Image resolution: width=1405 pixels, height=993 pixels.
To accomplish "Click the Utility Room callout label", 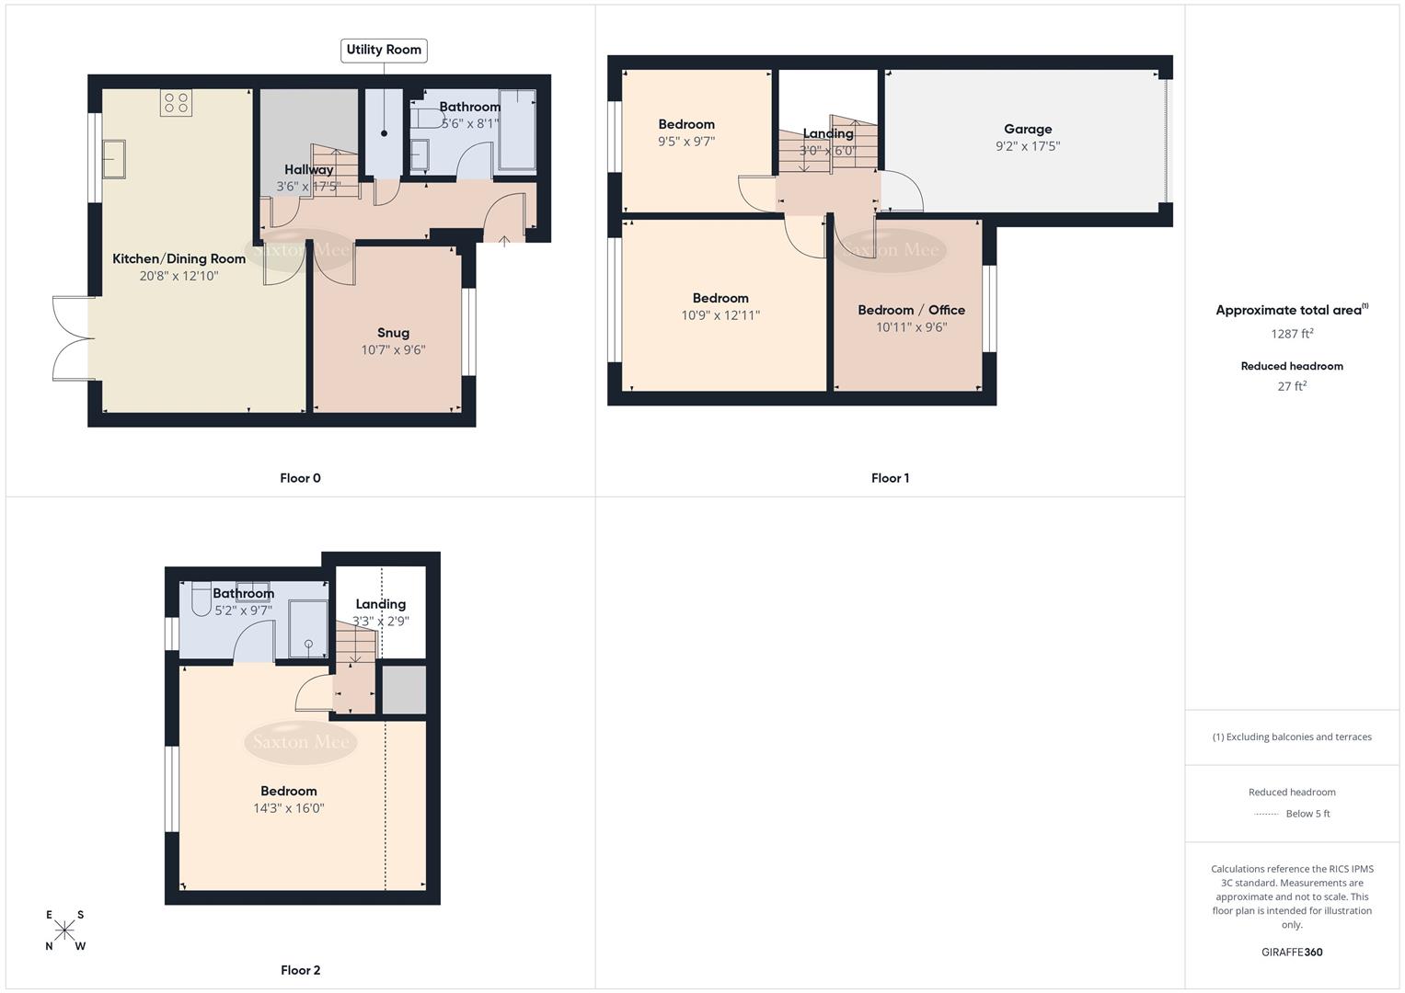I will pos(384,50).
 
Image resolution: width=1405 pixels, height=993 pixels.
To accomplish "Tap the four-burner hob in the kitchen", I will pos(176,102).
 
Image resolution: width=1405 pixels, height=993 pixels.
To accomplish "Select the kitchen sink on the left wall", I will pos(114,158).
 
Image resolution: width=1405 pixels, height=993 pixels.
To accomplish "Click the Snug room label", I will pos(393,333).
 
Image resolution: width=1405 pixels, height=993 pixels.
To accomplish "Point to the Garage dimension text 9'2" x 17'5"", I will pos(1028,146).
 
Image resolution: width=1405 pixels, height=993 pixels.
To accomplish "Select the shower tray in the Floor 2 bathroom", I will pos(307,629).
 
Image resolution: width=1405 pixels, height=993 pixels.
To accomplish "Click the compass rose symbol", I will pos(64,930).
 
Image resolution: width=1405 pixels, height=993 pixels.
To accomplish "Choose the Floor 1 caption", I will pos(890,478).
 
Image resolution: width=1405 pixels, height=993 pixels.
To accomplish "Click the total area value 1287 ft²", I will pos(1292,334).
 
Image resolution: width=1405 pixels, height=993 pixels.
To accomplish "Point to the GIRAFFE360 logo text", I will pos(1292,952).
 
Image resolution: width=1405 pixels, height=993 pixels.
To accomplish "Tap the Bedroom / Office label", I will pos(911,310).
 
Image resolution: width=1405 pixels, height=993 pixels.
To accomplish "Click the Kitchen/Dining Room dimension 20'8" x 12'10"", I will pos(179,276).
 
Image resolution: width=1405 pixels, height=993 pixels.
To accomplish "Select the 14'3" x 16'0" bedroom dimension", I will pos(289,808).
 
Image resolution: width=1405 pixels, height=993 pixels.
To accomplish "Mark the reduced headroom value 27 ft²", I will pos(1292,386).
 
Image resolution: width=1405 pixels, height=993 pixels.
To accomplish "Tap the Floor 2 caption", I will pos(300,970).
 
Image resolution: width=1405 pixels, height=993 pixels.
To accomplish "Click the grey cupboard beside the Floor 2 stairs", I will pos(404,690).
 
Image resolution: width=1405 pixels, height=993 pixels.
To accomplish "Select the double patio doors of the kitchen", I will pos(73,338).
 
